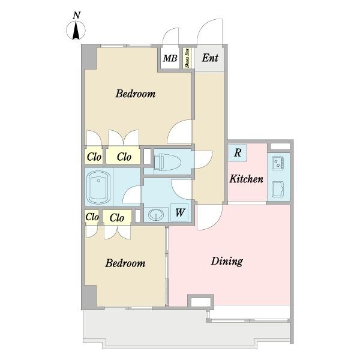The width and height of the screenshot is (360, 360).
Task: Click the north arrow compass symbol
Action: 76,30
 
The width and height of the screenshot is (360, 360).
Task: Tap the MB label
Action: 170,58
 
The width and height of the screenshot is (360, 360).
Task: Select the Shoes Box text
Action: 187,58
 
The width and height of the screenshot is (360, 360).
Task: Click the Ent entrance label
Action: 210,58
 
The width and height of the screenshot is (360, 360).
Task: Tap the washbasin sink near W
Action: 156,215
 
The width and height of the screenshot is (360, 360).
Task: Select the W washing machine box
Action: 179,212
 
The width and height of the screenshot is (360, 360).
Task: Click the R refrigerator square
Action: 238,153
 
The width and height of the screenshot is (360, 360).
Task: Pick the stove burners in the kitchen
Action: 278,163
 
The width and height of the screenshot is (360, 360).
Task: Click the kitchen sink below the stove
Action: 278,190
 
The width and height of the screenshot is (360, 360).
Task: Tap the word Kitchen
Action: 247,179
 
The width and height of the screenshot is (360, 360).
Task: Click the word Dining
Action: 227,261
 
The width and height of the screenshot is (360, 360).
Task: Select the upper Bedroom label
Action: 136,94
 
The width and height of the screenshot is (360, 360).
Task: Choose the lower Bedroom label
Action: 125,263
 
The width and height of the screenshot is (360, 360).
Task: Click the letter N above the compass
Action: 76,16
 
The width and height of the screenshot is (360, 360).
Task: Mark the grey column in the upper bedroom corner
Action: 89,57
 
